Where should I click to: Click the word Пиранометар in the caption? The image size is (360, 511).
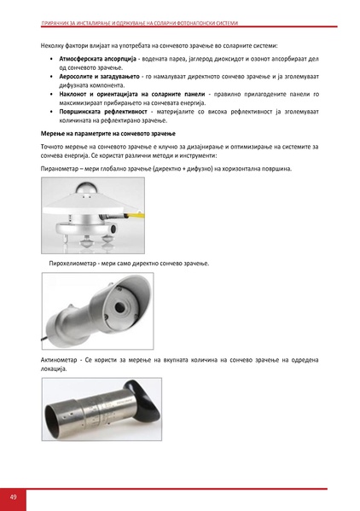[x=60, y=169]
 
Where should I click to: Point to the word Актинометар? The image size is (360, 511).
[x=61, y=361]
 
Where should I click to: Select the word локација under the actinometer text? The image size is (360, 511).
[x=53, y=370]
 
